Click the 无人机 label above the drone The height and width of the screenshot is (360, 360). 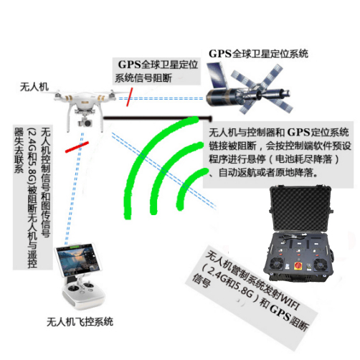pyautogui.click(x=34, y=87)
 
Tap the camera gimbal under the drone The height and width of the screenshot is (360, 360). pyautogui.click(x=85, y=122)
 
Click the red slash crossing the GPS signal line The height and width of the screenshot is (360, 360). pyautogui.click(x=129, y=97)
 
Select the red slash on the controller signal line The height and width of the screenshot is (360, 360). pyautogui.click(x=77, y=147)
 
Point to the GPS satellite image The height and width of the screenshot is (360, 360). pyautogui.click(x=249, y=88)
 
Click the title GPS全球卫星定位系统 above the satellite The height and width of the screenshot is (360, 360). pyautogui.click(x=258, y=54)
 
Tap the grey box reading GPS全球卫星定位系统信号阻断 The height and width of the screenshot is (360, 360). pyautogui.click(x=156, y=71)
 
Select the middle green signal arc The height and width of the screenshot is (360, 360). pyautogui.click(x=167, y=167)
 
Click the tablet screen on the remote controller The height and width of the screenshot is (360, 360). pyautogui.click(x=79, y=260)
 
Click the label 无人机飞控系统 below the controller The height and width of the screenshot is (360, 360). pyautogui.click(x=80, y=322)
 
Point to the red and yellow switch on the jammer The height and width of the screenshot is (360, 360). pyautogui.click(x=298, y=265)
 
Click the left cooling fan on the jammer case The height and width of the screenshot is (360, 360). pyautogui.click(x=277, y=264)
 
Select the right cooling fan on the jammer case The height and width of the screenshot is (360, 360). pyautogui.click(x=321, y=265)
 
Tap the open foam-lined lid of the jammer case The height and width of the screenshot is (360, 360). pyautogui.click(x=300, y=209)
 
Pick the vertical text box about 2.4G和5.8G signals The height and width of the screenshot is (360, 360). pyautogui.click(x=33, y=196)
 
